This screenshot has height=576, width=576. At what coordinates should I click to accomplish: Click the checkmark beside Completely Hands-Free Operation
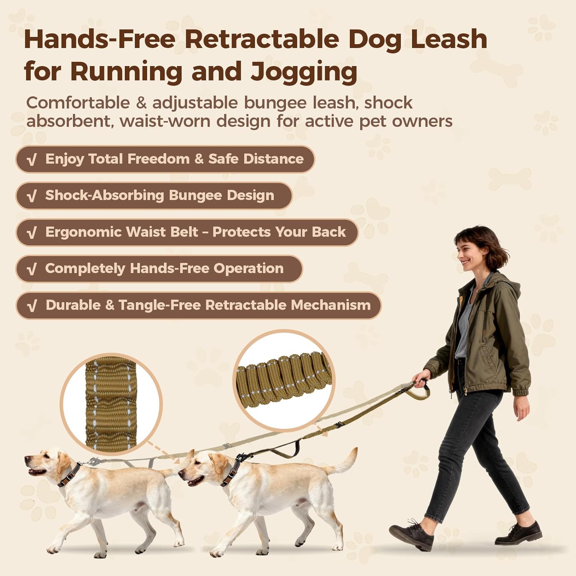click(x=32, y=269)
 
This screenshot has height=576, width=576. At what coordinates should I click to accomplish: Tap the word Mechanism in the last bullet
click(x=331, y=305)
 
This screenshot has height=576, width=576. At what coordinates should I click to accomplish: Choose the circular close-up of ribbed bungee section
click(x=284, y=381)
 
